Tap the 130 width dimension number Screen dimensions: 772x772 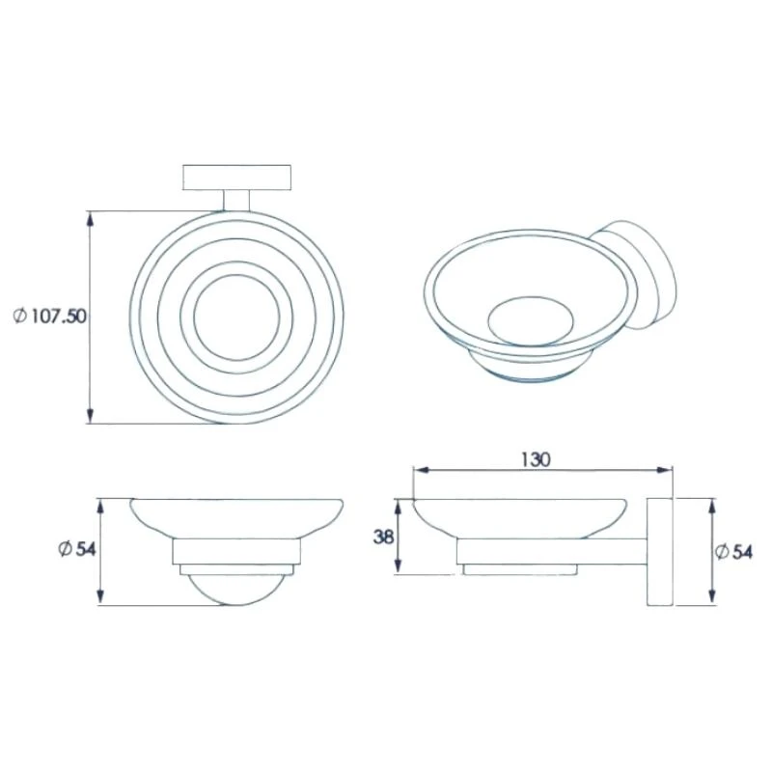(537, 460)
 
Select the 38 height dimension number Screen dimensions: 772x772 (383, 537)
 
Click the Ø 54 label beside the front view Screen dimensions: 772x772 (74, 549)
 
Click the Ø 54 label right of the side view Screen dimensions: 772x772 (734, 551)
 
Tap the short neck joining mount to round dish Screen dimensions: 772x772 (235, 201)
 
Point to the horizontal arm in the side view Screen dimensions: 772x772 (598, 551)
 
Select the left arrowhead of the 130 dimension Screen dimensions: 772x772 (419, 472)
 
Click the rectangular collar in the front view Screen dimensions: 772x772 (235, 553)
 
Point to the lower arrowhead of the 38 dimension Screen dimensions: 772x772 (397, 569)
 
